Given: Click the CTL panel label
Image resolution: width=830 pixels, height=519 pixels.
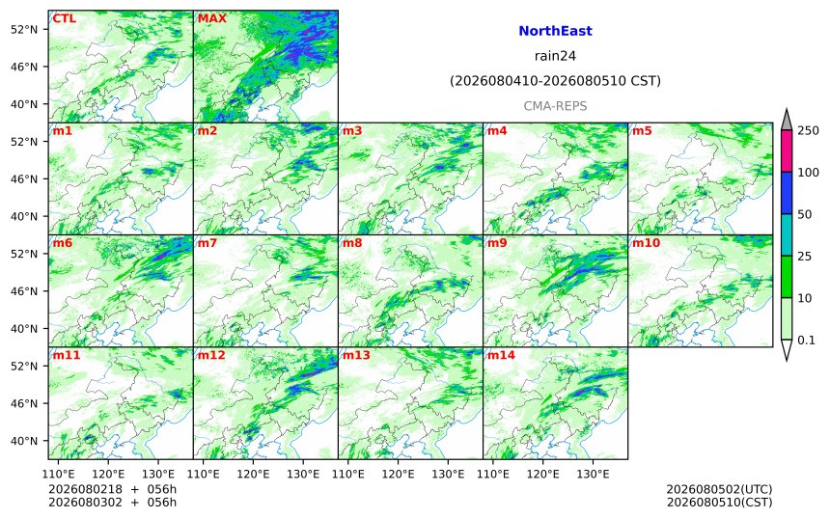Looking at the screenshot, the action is click(64, 18).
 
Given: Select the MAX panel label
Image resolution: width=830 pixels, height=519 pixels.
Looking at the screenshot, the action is click(211, 18).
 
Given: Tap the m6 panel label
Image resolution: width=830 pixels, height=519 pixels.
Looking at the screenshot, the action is click(63, 243).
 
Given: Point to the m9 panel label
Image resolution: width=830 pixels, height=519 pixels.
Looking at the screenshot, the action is click(497, 243).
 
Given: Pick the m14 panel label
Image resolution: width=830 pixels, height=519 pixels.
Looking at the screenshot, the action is click(501, 355).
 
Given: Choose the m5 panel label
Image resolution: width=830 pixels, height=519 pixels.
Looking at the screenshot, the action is click(642, 130).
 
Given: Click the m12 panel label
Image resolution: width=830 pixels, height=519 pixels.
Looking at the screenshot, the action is click(211, 355).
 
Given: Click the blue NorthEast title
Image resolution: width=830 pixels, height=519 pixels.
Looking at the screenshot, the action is click(555, 31).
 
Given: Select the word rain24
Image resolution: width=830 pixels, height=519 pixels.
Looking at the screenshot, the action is click(555, 56).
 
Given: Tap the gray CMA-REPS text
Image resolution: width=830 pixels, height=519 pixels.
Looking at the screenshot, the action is click(555, 106).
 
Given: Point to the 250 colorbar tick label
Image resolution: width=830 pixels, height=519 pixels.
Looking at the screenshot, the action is click(809, 130).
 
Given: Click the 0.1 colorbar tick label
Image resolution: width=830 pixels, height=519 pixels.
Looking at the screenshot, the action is click(806, 341).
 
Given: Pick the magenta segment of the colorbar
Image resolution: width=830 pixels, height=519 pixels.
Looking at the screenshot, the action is click(787, 151).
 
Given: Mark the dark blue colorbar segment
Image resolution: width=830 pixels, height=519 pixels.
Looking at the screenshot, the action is click(787, 193).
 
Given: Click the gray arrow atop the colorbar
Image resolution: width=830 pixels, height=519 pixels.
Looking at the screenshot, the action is click(787, 120).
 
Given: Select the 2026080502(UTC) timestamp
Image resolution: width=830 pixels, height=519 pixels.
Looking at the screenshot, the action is click(719, 489).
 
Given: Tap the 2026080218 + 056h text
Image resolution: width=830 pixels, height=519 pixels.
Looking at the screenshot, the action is click(112, 489).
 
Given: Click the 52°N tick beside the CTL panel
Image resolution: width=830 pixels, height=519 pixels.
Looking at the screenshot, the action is click(24, 29).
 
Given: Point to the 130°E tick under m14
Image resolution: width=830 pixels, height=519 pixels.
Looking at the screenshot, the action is click(593, 474).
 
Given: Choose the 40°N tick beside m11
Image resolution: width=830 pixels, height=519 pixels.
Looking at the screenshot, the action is click(24, 441).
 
